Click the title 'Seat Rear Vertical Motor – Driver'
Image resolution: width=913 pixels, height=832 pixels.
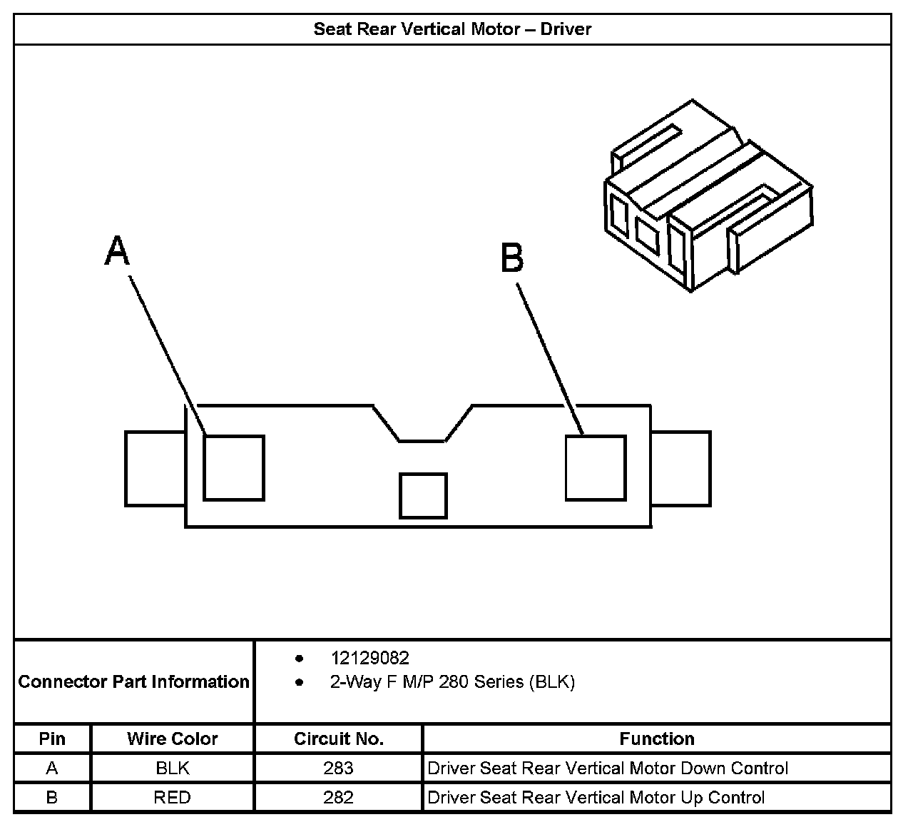[452, 29]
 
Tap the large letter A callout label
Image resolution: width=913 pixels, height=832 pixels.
[118, 252]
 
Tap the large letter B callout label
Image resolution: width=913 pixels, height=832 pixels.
[512, 258]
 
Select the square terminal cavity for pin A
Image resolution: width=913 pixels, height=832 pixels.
[234, 467]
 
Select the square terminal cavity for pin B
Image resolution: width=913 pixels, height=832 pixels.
[596, 467]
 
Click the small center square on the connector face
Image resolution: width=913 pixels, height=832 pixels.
[423, 495]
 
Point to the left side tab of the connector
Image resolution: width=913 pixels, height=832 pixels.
[155, 468]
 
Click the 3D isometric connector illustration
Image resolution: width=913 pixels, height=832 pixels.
[706, 196]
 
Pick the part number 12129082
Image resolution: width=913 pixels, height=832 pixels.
[369, 658]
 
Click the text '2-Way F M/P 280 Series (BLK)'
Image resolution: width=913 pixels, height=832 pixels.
[452, 682]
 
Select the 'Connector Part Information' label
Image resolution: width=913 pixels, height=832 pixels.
[134, 682]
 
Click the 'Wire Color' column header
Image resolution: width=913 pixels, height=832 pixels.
[173, 739]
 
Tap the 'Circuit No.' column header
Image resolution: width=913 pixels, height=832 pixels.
[338, 739]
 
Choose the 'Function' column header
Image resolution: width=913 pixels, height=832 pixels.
[656, 739]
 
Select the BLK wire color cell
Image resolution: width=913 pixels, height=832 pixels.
[173, 768]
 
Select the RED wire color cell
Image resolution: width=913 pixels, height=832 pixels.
[173, 797]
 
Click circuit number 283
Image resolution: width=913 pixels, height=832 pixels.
[338, 768]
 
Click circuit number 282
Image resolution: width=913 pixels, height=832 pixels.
[338, 797]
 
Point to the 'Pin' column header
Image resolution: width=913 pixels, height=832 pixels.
[52, 739]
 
